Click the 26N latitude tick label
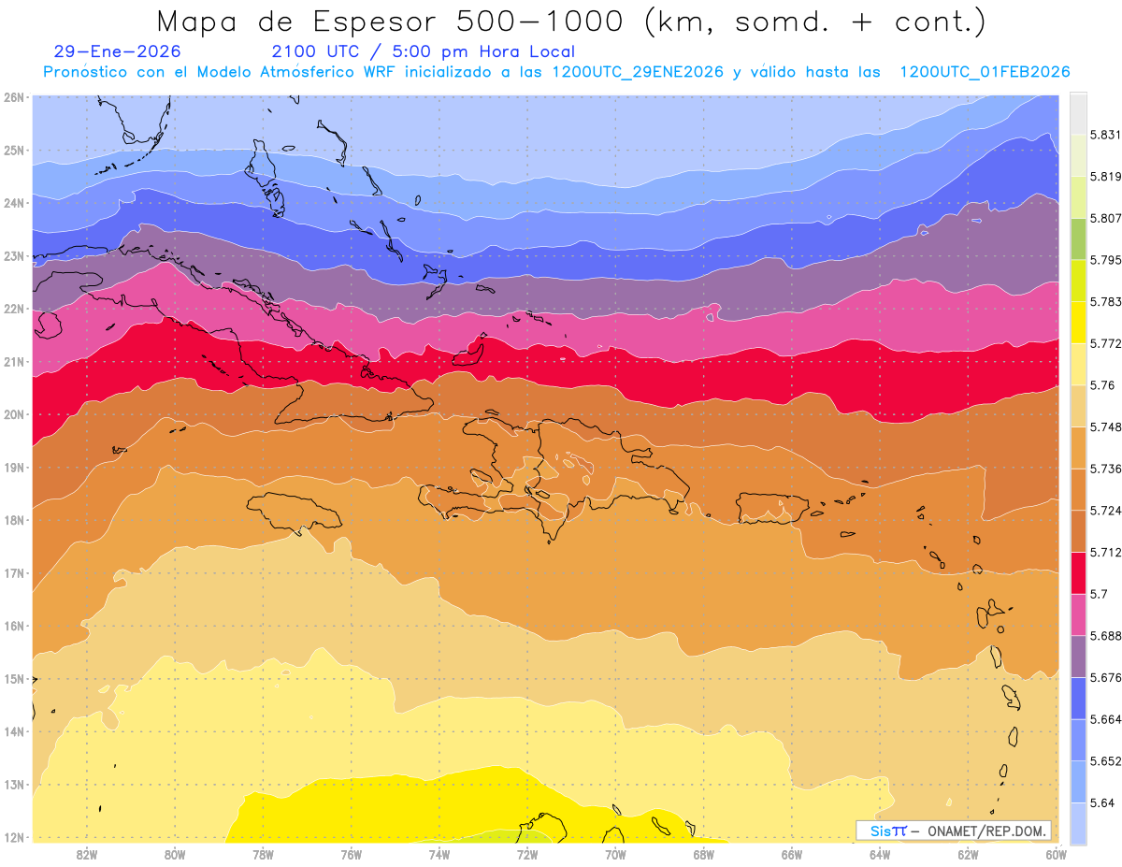click(x=13, y=97)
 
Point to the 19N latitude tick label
click(x=13, y=468)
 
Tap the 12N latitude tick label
click(x=13, y=837)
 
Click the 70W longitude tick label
click(x=615, y=854)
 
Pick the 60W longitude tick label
click(x=1057, y=854)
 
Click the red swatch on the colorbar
click(x=1078, y=571)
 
